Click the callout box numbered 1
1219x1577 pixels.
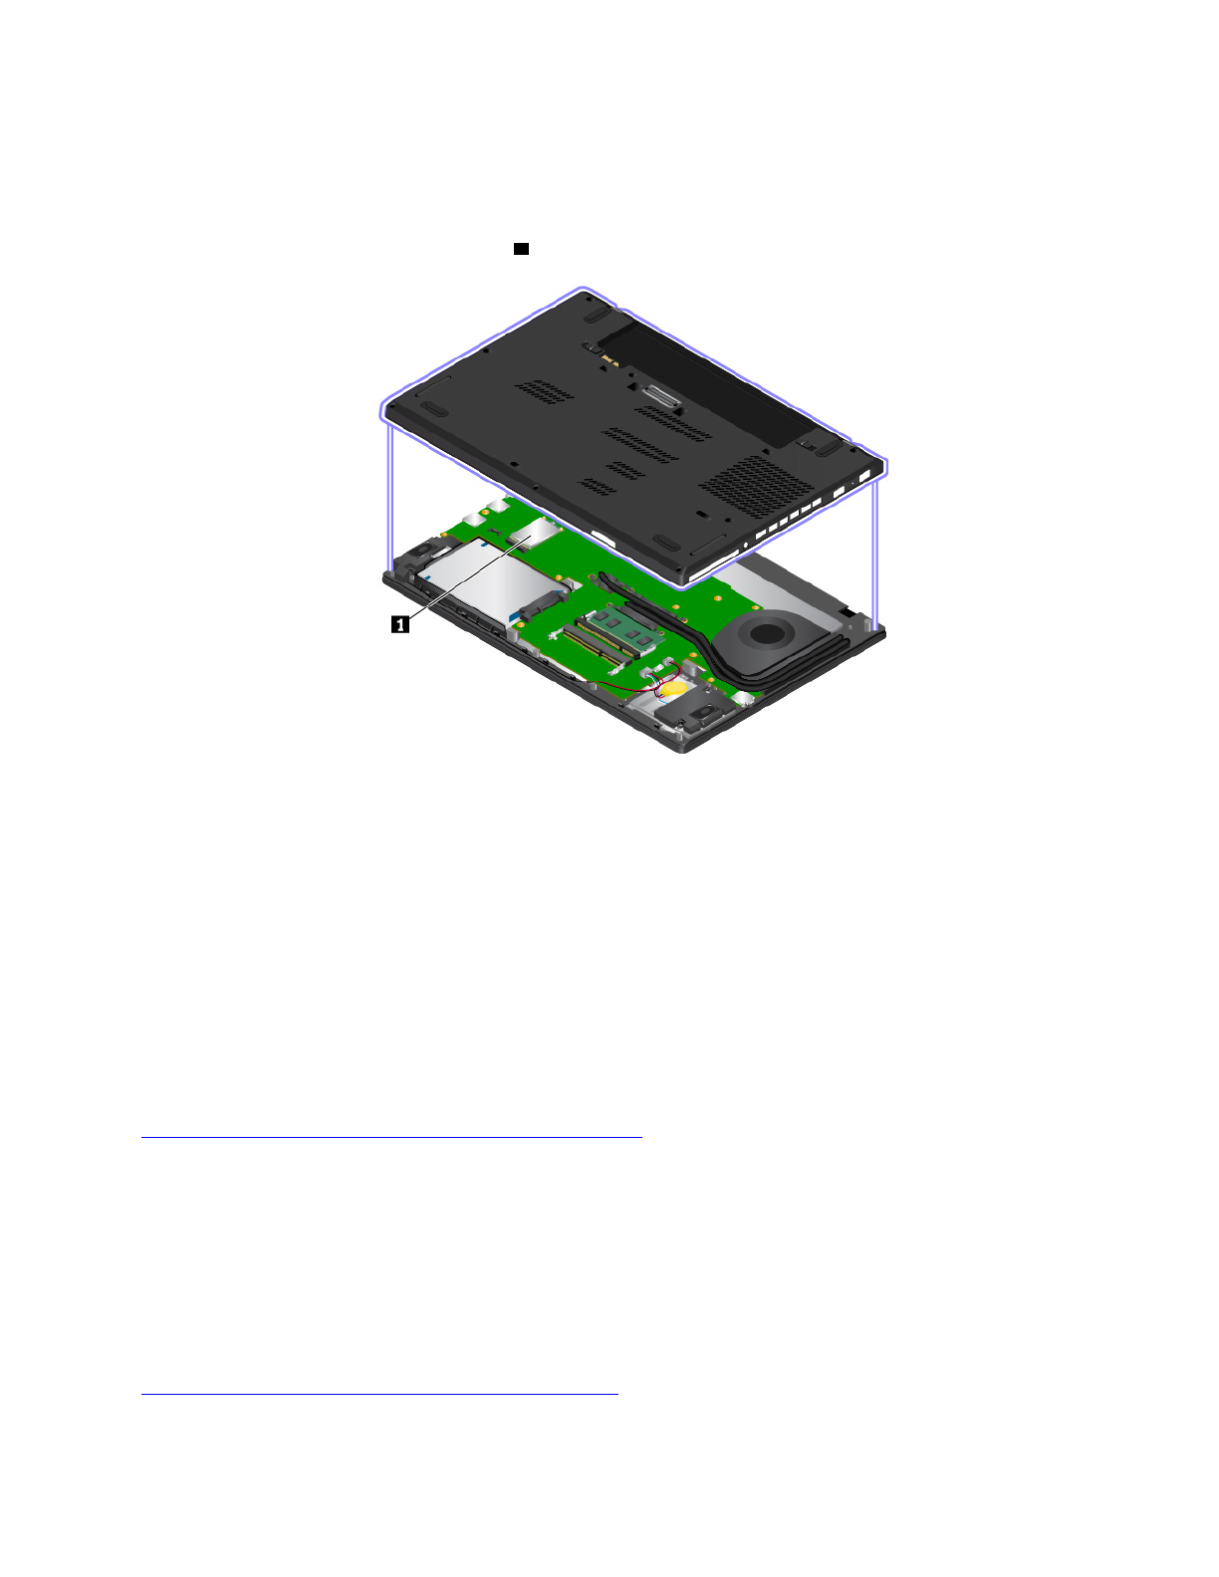click(400, 623)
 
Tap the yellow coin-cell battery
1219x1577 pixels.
click(674, 687)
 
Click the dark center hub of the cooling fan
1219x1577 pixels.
click(767, 633)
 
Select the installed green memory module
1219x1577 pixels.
click(625, 630)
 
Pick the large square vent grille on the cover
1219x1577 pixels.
click(756, 485)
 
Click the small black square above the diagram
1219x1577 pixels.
click(521, 249)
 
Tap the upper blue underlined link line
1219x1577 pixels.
click(392, 1137)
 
